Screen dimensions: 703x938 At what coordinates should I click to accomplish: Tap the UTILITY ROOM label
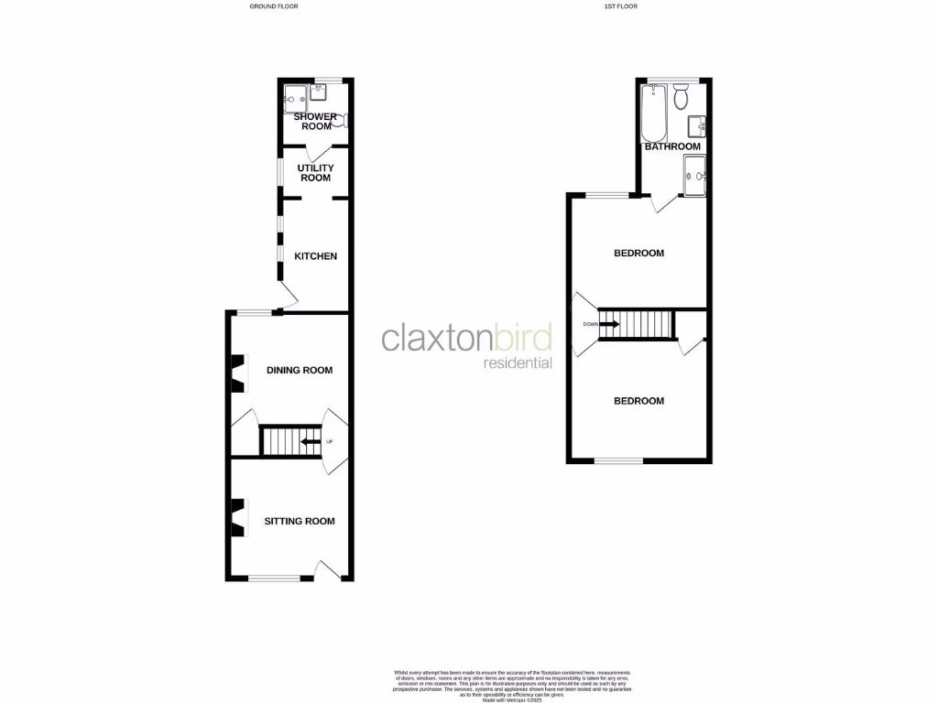click(x=315, y=173)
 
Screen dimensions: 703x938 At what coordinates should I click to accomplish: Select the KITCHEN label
click(x=315, y=256)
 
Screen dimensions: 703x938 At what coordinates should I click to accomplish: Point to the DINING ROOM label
click(x=299, y=371)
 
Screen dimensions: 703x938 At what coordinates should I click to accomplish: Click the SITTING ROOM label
click(x=300, y=521)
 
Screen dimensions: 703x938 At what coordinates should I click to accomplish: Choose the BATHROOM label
click(x=672, y=146)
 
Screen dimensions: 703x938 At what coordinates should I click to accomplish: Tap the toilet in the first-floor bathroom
click(x=681, y=96)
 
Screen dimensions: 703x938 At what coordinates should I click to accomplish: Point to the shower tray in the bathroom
click(x=695, y=175)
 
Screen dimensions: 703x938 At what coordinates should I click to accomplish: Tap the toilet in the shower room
click(x=340, y=120)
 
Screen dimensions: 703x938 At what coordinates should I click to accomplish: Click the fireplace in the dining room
click(x=237, y=373)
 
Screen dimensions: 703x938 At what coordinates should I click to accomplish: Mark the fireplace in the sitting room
click(x=237, y=517)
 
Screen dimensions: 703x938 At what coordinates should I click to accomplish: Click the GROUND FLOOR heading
click(x=274, y=6)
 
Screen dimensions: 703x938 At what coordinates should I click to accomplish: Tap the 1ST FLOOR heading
click(x=620, y=6)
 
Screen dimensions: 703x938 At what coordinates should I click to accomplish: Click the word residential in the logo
click(x=518, y=363)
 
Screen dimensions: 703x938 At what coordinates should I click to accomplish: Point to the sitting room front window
click(x=275, y=578)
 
